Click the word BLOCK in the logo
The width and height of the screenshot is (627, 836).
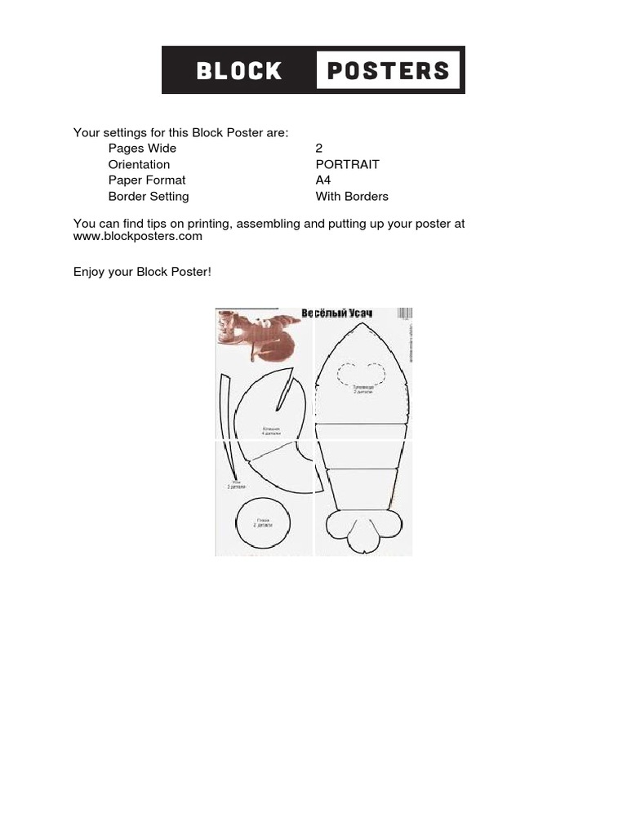click(239, 70)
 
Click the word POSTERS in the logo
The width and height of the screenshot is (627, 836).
click(388, 70)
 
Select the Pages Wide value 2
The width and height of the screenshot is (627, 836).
click(319, 149)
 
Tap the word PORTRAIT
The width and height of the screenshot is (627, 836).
click(347, 164)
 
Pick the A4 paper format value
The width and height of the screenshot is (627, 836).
click(323, 180)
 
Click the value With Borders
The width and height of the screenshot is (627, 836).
click(352, 197)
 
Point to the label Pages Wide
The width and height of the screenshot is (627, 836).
click(142, 149)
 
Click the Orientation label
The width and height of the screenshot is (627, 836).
click(139, 164)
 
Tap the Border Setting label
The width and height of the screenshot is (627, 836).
click(149, 197)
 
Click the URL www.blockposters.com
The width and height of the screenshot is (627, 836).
click(138, 237)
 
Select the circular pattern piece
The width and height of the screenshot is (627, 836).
click(263, 523)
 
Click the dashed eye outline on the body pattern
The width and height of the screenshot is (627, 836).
click(362, 374)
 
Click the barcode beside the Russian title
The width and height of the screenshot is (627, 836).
click(404, 313)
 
